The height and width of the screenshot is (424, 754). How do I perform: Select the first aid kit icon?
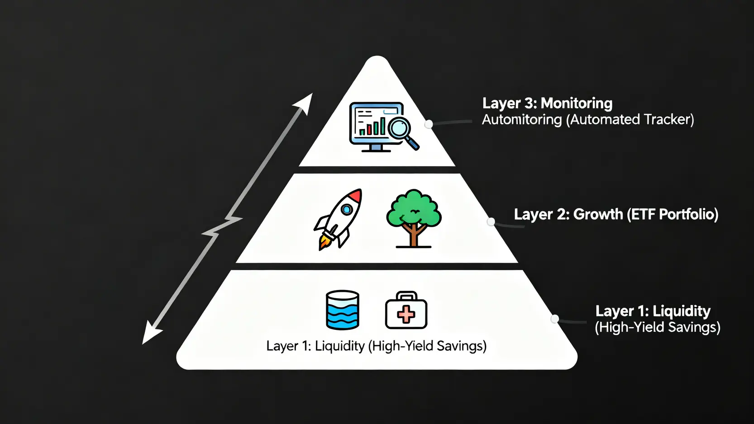tap(406, 311)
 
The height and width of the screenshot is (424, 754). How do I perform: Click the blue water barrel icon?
tap(343, 310)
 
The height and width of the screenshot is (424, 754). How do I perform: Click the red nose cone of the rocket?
tap(356, 195)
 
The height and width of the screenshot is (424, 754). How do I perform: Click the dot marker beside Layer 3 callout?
tap(429, 124)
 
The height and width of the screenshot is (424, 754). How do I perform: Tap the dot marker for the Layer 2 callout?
tap(491, 222)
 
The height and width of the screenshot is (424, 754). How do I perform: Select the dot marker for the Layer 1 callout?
tap(555, 319)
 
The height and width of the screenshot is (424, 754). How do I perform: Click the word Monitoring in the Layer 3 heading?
tap(577, 103)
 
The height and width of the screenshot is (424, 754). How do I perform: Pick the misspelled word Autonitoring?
tap(522, 119)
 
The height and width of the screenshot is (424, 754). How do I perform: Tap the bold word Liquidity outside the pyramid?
tap(682, 311)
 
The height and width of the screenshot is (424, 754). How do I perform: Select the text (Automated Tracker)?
tap(630, 119)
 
